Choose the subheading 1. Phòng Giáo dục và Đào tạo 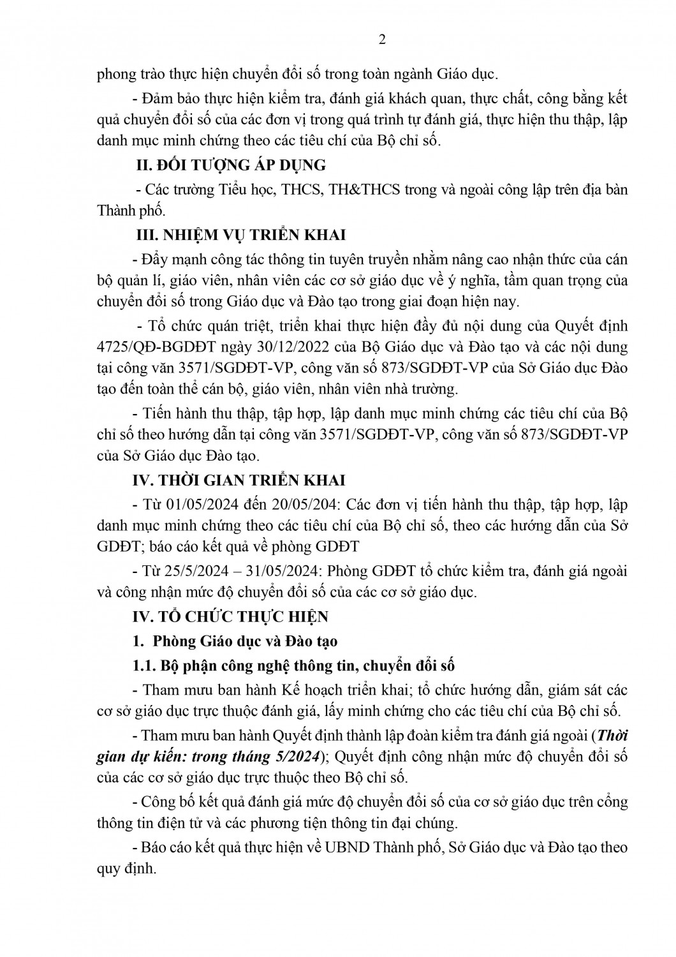click(x=236, y=641)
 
